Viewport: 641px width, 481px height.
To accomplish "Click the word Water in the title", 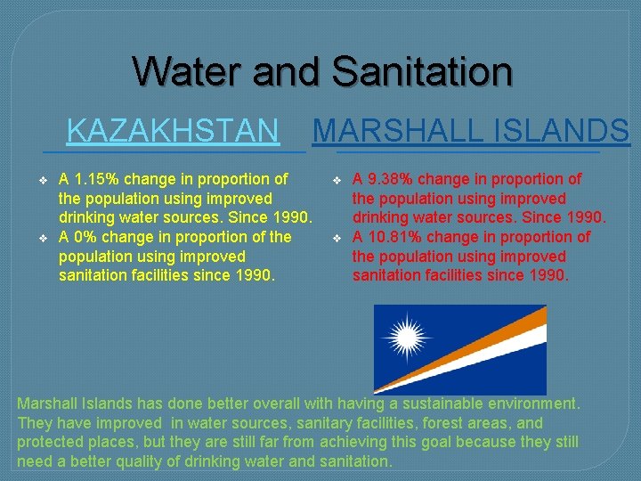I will pyautogui.click(x=187, y=71).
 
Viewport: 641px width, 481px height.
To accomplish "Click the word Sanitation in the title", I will pyautogui.click(x=422, y=71).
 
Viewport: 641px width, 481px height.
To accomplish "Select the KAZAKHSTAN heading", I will pyautogui.click(x=173, y=131).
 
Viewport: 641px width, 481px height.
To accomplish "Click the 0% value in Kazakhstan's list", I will pyautogui.click(x=84, y=237).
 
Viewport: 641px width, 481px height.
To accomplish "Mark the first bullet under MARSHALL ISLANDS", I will pyautogui.click(x=336, y=180).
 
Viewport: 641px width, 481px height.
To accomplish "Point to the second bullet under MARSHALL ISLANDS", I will pyautogui.click(x=336, y=238).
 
